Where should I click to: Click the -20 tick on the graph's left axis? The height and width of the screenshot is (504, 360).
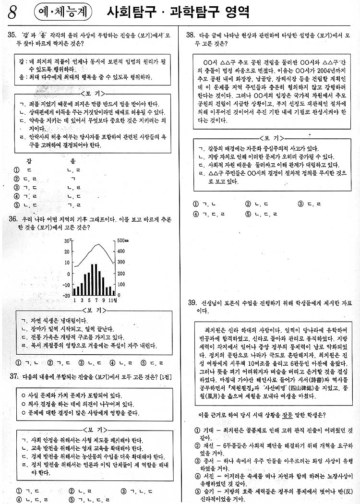66,295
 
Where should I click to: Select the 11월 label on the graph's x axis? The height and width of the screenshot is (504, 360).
111,301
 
